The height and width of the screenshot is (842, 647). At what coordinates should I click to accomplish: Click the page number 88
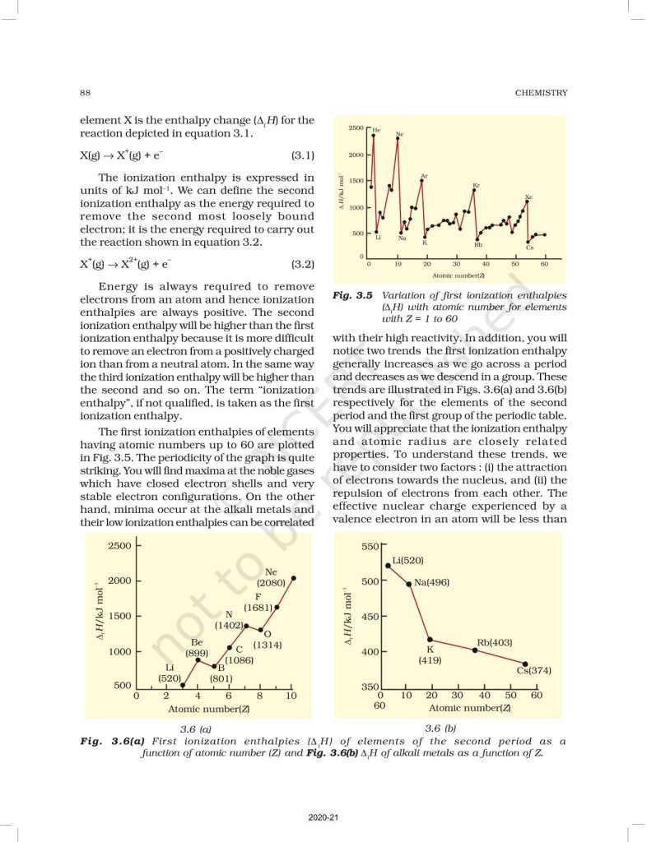85,93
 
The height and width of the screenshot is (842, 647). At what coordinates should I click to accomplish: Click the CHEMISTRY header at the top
541,93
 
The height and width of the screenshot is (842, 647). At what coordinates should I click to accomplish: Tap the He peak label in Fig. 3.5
376,130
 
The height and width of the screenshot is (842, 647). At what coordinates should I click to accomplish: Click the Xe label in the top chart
528,197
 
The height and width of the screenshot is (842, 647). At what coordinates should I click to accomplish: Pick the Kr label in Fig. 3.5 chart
477,185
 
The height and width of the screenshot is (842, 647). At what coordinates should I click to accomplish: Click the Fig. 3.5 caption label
351,294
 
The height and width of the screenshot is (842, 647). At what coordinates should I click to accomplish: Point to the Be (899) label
197,647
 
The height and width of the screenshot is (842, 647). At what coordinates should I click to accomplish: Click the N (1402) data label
229,620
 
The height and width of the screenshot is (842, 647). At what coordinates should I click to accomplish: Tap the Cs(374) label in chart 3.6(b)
533,670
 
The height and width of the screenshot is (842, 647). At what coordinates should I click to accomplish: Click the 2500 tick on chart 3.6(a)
119,545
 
